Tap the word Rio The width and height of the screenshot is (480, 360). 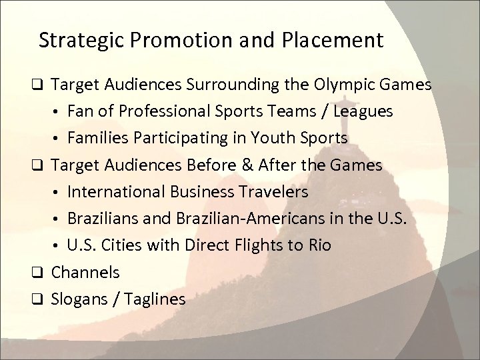point(318,245)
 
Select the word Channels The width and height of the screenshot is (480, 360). point(85,272)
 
